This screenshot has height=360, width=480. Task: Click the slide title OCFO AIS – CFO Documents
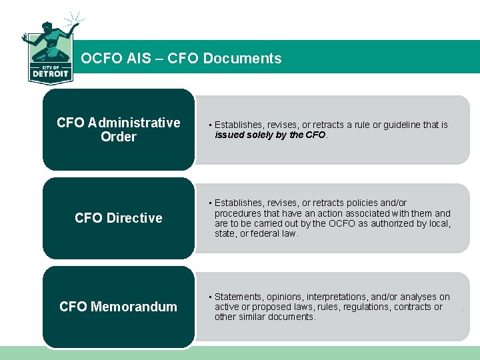click(x=181, y=58)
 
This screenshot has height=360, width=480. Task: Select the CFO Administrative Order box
click(x=119, y=129)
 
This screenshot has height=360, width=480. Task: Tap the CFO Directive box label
click(x=119, y=218)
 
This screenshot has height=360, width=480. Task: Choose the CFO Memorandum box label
click(x=119, y=307)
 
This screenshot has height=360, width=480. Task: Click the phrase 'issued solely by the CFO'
click(x=270, y=135)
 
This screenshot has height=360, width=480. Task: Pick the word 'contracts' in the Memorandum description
click(x=413, y=307)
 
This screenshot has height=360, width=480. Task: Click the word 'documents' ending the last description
click(x=294, y=317)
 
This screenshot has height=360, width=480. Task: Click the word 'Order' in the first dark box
click(x=119, y=137)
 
